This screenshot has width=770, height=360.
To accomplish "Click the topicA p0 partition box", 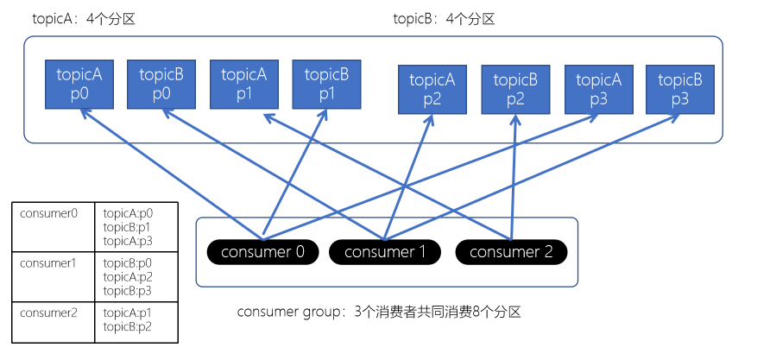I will (x=79, y=84).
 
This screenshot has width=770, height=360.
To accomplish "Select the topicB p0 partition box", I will (x=161, y=84).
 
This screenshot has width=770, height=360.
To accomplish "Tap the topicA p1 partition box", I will (x=244, y=84).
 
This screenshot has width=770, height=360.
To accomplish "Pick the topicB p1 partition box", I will (x=327, y=84).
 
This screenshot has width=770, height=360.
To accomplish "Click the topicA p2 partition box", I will (x=432, y=89).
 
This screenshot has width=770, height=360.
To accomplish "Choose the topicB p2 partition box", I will (x=515, y=89).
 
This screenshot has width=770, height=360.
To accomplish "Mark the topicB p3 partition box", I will (x=680, y=89).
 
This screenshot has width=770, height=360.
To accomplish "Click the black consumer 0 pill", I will (x=263, y=252).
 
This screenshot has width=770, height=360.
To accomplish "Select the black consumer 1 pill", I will (x=385, y=252).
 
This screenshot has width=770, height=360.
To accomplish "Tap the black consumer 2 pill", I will (x=511, y=252).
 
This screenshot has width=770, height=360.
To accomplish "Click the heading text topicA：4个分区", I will (x=84, y=19).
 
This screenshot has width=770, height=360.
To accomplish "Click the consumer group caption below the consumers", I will (x=379, y=312).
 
